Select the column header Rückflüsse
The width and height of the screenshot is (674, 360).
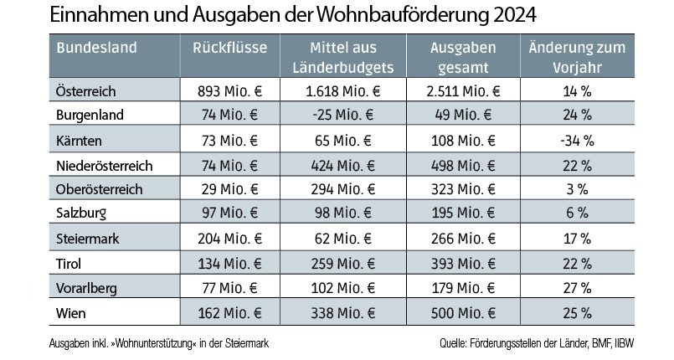click(229, 48)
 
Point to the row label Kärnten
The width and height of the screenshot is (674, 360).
click(79, 139)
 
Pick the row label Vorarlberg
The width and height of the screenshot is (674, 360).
click(85, 290)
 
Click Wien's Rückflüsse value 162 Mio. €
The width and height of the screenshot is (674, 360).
click(229, 314)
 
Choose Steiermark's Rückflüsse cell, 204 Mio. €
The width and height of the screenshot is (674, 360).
click(229, 239)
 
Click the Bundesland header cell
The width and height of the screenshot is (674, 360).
click(96, 48)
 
